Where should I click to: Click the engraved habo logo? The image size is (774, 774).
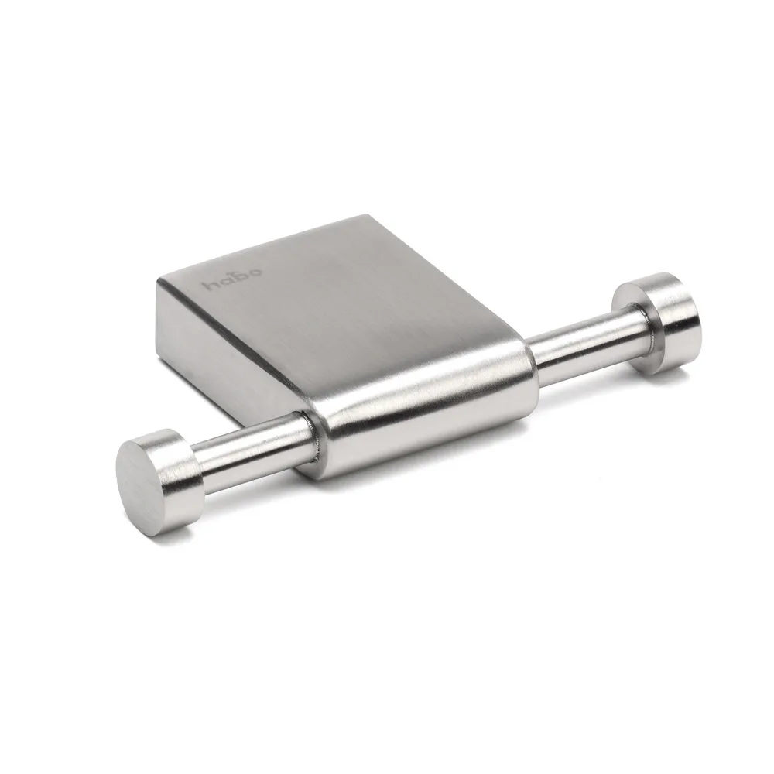tap(234, 279)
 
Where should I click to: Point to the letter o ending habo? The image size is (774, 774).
tap(257, 272)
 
